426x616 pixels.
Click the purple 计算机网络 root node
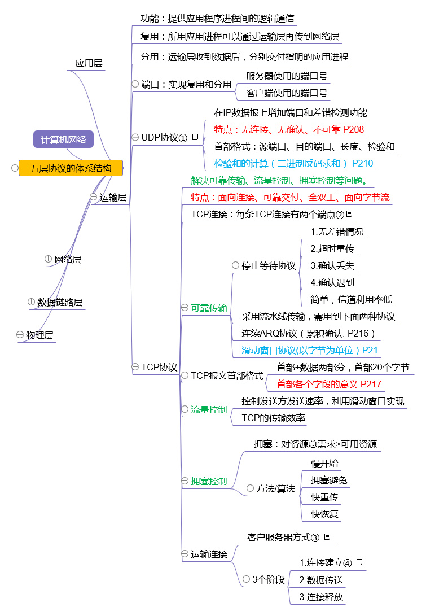[63, 139]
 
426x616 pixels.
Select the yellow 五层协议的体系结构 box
[71, 168]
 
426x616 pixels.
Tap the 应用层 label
[89, 63]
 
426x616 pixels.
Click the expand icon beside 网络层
[48, 259]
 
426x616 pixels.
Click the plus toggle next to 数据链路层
[31, 302]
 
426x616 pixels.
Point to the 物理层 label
[39, 335]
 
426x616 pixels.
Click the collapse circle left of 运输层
[94, 197]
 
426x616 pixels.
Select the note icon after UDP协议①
[195, 137]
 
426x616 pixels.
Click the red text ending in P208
[289, 130]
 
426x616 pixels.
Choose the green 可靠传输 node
[209, 308]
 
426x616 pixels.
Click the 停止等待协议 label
[269, 265]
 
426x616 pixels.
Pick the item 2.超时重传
[332, 248]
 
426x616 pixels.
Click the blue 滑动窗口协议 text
[309, 351]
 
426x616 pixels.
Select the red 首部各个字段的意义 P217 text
[329, 384]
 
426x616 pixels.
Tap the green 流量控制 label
[209, 410]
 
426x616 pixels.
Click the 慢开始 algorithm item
[324, 464]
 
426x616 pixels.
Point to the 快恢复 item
[324, 514]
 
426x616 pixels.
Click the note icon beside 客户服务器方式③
[327, 536]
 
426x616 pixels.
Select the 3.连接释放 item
[321, 597]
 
